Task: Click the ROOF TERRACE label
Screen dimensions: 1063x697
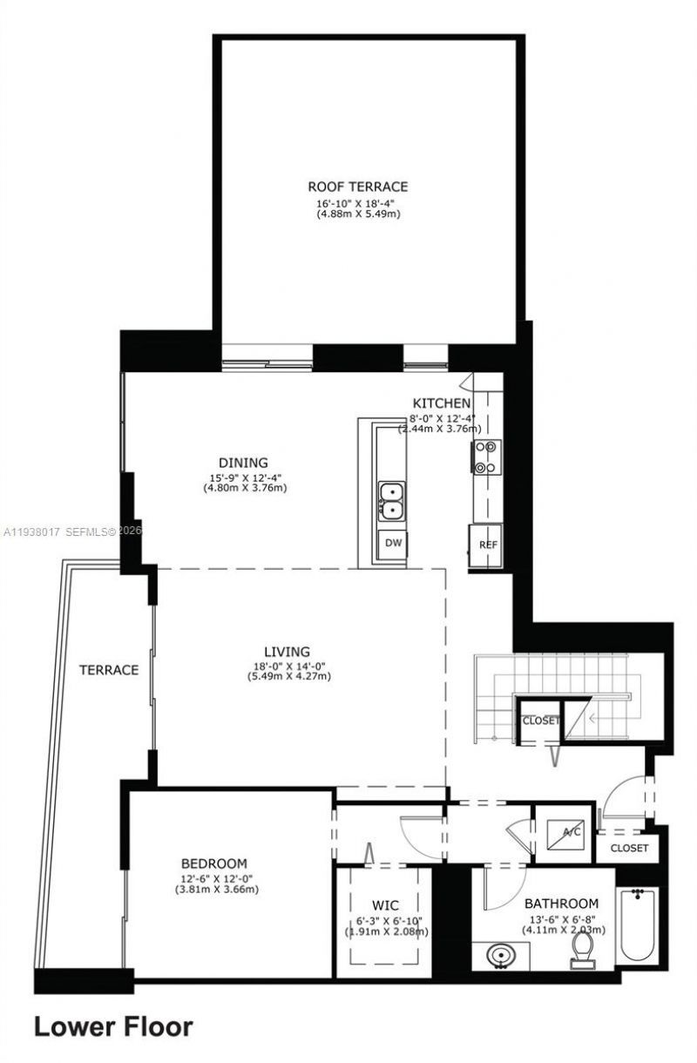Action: tap(357, 186)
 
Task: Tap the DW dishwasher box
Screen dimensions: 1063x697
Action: tap(394, 543)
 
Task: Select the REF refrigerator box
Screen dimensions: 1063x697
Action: tap(488, 545)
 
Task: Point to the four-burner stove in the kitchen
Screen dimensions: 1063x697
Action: tap(486, 457)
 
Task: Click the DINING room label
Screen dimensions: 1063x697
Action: tap(243, 463)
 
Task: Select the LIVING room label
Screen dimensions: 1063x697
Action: tap(288, 652)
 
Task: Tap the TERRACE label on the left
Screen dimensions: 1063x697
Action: tap(109, 670)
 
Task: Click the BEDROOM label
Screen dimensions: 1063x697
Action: tap(215, 863)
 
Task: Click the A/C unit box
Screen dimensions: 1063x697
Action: tap(564, 832)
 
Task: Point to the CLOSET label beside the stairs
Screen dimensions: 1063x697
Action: tap(539, 721)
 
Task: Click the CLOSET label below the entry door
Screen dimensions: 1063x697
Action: tap(629, 847)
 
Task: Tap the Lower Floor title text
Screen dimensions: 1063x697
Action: tap(113, 1026)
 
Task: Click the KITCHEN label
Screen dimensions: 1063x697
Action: tap(442, 403)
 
